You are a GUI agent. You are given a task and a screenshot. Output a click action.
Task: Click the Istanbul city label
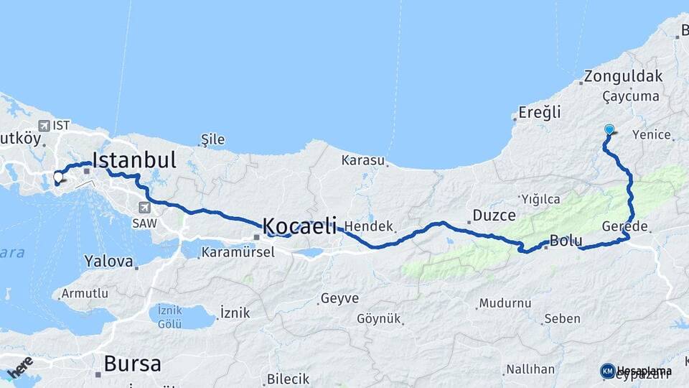tap(134, 159)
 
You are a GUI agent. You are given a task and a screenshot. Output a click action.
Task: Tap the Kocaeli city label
tap(299, 226)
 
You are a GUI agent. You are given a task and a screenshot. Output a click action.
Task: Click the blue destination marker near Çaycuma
tap(609, 130)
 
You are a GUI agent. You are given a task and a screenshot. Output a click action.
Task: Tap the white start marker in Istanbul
tap(58, 176)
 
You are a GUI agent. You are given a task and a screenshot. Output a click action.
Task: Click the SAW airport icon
tap(144, 208)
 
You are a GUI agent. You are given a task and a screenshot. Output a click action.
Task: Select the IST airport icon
tap(44, 125)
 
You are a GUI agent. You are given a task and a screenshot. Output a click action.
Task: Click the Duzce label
tap(494, 215)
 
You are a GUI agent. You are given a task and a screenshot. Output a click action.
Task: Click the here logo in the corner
tap(19, 367)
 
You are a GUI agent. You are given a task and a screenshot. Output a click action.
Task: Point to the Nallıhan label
tap(530, 369)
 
